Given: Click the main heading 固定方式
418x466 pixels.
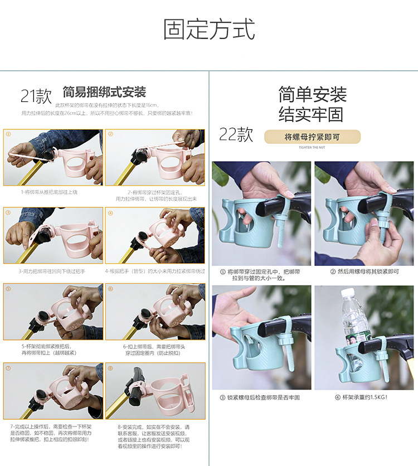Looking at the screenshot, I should tap(209, 30).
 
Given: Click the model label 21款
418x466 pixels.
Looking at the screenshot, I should tap(36, 96).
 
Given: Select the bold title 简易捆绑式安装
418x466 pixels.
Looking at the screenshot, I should tap(104, 91).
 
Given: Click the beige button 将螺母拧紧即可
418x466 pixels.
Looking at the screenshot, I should tap(312, 137).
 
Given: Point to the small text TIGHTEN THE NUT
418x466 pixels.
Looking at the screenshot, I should tap(312, 148).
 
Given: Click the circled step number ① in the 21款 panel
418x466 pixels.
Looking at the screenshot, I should tap(8, 134).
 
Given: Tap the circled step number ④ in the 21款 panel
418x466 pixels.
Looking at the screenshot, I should tap(110, 213).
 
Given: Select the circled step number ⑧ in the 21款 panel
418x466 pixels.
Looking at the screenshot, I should tap(110, 368).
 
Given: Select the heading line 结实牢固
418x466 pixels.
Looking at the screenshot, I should tap(312, 114).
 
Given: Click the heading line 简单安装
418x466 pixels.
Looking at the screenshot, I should tap(312, 94).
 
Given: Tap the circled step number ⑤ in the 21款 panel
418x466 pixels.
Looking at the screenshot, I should tap(8, 289).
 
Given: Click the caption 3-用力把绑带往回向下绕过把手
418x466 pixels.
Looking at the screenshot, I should tap(52, 271).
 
